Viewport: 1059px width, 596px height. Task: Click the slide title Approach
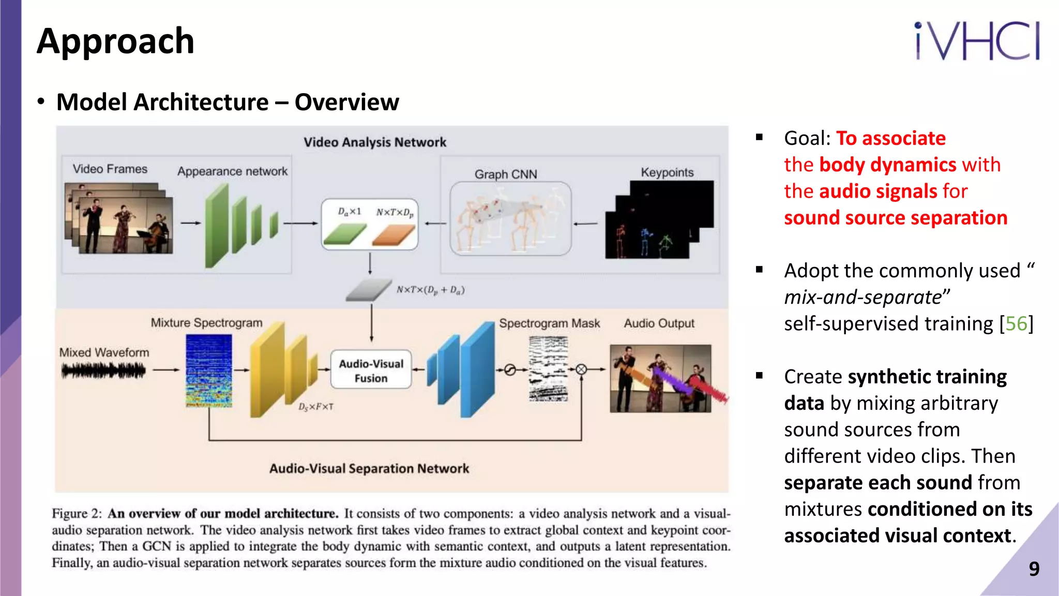click(x=115, y=41)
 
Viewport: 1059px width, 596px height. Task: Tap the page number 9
click(x=1034, y=569)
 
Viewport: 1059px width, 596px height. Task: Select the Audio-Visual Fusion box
click(x=371, y=370)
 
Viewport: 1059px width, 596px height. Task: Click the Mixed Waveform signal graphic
click(x=103, y=370)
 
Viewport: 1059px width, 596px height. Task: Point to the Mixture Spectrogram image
click(x=209, y=370)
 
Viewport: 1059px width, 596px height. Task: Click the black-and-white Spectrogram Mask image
click(x=548, y=368)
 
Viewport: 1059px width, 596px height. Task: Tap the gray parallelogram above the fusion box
click(x=369, y=290)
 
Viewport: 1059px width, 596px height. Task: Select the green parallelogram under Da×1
click(x=344, y=234)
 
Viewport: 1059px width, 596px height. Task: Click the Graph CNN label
click(x=506, y=174)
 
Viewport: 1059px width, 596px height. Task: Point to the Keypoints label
click(x=667, y=172)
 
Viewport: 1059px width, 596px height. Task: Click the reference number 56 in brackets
click(x=1016, y=324)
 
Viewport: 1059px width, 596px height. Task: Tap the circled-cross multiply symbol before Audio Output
click(x=581, y=369)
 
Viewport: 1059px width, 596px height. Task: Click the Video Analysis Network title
click(x=375, y=142)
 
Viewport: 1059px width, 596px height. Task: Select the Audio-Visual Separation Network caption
click(x=369, y=468)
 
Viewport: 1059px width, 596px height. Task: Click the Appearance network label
click(x=232, y=171)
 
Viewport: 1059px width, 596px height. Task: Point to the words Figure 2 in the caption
click(x=77, y=513)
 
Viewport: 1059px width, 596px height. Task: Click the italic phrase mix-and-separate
click(x=863, y=297)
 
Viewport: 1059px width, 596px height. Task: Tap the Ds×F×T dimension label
click(x=315, y=407)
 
